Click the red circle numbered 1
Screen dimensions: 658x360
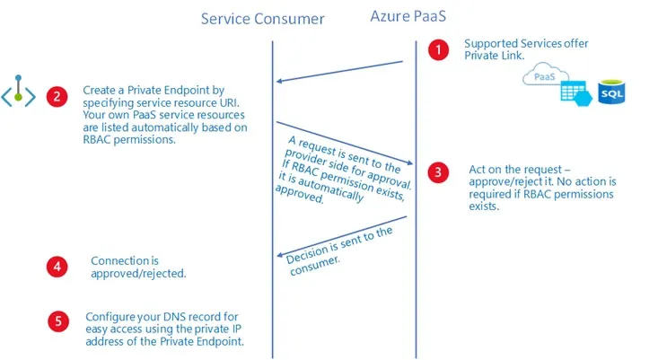click(x=439, y=50)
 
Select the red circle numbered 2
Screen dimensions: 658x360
click(x=57, y=96)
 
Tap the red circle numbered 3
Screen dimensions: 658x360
click(x=438, y=172)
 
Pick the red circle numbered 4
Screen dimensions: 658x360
click(x=57, y=267)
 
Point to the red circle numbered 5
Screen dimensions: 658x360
click(x=58, y=321)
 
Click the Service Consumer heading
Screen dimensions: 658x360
click(x=263, y=19)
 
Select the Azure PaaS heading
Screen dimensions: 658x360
click(x=408, y=16)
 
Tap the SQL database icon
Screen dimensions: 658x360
click(x=611, y=92)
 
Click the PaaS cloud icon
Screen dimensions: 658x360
click(x=545, y=75)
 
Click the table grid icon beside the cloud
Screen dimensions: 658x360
click(x=575, y=93)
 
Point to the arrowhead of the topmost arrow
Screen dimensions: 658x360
click(x=278, y=81)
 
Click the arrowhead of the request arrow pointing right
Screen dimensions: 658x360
click(x=410, y=162)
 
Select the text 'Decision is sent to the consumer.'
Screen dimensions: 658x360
click(x=339, y=250)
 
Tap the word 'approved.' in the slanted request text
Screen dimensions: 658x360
click(x=299, y=194)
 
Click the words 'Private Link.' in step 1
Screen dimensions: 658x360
click(x=495, y=56)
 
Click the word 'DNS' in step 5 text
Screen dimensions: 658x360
click(x=174, y=317)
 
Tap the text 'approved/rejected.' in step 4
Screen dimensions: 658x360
click(x=138, y=274)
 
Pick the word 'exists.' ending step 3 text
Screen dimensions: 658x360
click(x=484, y=206)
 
